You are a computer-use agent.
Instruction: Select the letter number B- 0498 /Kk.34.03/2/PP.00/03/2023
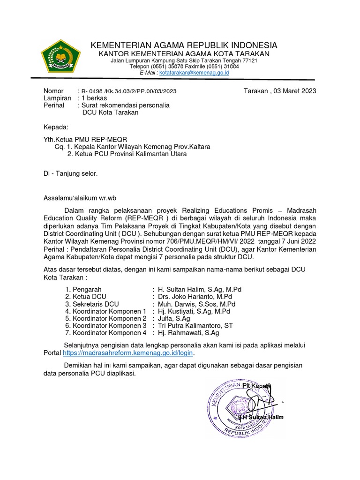129,91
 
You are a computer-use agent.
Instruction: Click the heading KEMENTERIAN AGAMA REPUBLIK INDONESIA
184,45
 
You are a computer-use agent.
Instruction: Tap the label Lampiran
57,98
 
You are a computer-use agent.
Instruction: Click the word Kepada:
56,127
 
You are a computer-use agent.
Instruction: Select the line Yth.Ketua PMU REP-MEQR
85,139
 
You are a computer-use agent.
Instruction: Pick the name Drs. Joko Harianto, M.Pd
195,297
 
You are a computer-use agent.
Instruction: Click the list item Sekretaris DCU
92,304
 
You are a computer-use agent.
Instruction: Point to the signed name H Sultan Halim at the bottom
262,417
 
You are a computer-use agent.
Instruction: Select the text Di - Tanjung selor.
71,173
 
